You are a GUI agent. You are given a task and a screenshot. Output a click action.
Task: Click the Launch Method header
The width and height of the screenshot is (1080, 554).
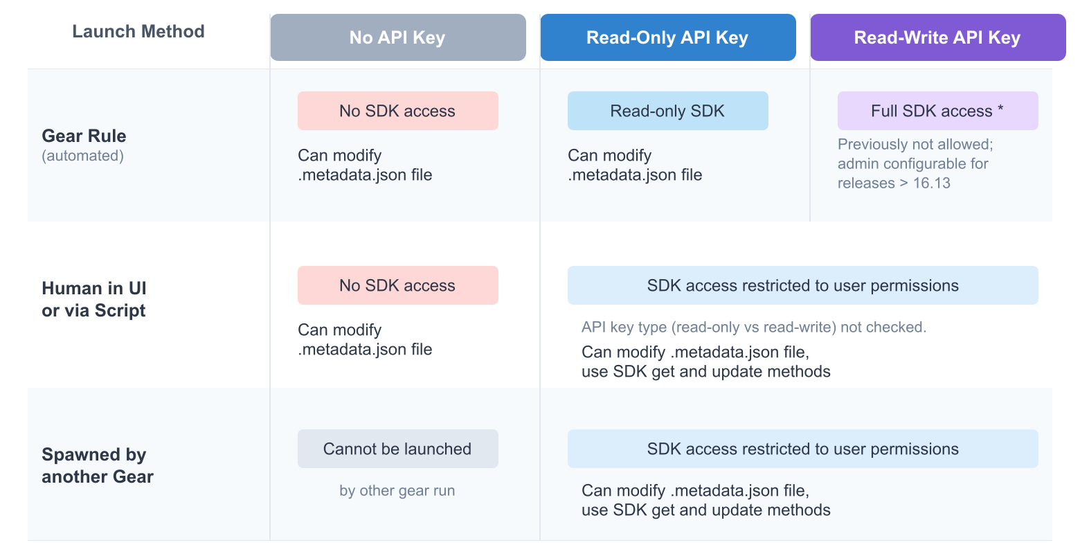[138, 32]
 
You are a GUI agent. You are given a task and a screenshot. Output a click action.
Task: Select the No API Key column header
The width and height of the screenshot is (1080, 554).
[397, 37]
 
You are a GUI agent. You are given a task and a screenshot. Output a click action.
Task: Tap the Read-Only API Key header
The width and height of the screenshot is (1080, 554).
[667, 37]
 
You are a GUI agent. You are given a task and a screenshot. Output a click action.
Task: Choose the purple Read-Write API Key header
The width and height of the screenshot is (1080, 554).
[937, 37]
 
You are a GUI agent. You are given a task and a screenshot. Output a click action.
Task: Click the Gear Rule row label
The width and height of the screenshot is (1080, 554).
[84, 136]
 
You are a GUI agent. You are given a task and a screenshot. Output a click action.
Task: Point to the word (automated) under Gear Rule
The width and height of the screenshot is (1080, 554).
[83, 156]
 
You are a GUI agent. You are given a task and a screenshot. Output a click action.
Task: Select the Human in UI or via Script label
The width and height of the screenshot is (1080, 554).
[94, 299]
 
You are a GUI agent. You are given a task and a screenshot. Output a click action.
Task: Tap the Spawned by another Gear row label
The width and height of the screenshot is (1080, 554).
[97, 465]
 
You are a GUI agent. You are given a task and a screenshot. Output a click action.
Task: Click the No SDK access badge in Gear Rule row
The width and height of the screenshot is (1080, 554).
[397, 111]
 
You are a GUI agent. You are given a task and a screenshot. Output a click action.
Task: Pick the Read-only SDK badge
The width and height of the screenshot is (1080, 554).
[667, 111]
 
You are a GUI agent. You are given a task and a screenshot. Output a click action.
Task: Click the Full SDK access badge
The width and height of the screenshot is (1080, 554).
[937, 111]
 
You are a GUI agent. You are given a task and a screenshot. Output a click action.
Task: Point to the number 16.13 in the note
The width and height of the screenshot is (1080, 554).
[932, 184]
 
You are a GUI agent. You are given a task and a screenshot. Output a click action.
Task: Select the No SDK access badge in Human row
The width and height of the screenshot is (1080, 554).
[397, 285]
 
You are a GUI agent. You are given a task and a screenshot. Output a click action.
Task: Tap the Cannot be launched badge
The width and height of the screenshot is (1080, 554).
[397, 449]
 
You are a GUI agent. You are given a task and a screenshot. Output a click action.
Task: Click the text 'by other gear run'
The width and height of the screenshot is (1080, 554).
[397, 491]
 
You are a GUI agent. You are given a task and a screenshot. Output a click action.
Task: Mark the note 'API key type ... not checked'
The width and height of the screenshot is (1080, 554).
[754, 328]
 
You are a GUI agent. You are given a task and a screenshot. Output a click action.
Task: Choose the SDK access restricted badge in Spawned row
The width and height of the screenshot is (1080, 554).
[802, 449]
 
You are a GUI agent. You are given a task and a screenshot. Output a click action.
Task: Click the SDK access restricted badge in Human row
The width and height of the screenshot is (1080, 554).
[802, 285]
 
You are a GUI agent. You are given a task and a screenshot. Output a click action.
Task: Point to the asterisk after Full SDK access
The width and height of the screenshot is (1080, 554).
[1000, 109]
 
